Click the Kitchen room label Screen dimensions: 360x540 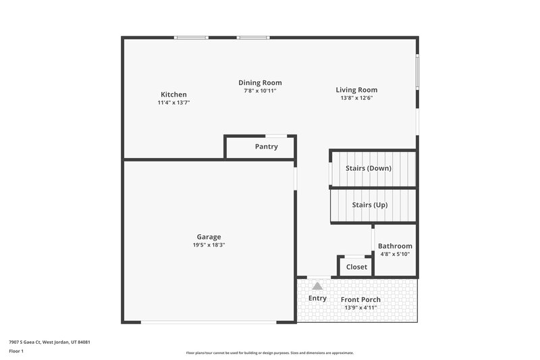(x=173, y=95)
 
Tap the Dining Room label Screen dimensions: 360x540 (x=260, y=82)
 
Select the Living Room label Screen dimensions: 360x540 (x=356, y=90)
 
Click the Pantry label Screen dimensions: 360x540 (x=266, y=147)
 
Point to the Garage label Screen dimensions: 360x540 (x=209, y=237)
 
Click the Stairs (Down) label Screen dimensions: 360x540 (x=368, y=168)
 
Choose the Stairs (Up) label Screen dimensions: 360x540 (x=370, y=205)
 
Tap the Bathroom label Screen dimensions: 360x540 (x=395, y=247)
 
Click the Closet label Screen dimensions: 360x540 (x=356, y=267)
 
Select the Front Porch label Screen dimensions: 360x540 (x=360, y=300)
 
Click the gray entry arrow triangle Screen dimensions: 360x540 (x=317, y=286)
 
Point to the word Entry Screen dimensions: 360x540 (x=317, y=299)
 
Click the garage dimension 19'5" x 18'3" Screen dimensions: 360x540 (x=209, y=245)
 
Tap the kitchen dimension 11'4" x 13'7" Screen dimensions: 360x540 (x=173, y=103)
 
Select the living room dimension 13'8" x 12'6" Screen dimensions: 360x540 (x=356, y=98)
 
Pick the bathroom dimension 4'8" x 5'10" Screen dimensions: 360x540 (x=395, y=255)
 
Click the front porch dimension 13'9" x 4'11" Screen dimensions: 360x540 (x=360, y=308)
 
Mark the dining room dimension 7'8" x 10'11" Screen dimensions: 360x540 (x=260, y=91)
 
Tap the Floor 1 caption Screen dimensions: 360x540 (x=16, y=351)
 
